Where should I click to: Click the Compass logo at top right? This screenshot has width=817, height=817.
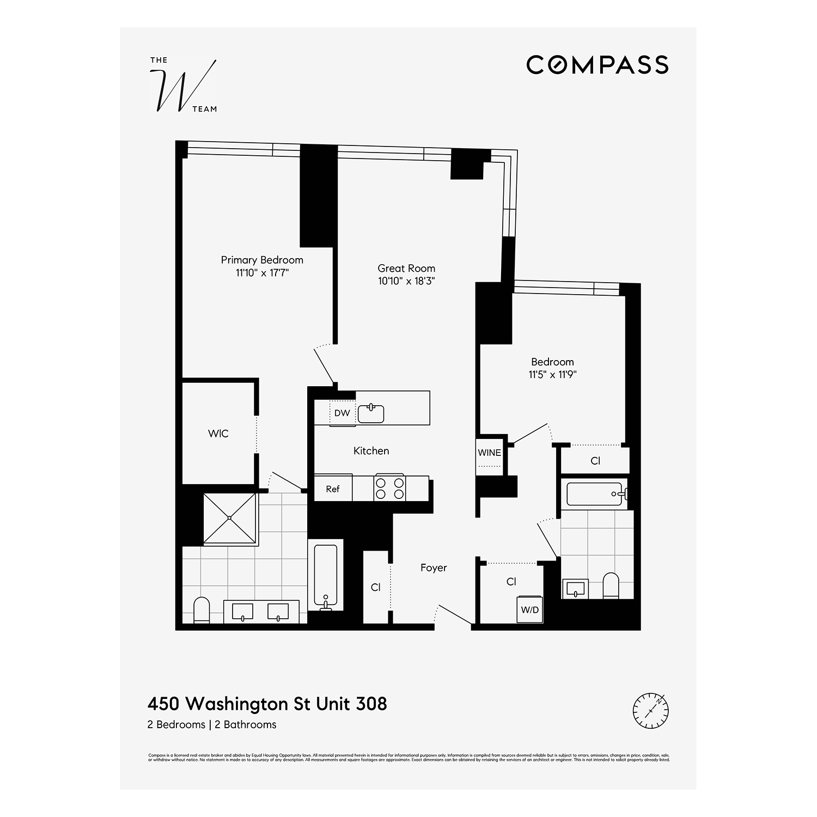(x=597, y=65)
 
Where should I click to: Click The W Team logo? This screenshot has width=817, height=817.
(x=183, y=86)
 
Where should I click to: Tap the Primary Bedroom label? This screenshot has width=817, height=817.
(x=262, y=260)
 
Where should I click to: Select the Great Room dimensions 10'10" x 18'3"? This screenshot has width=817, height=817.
(x=406, y=281)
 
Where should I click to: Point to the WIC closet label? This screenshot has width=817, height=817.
(x=218, y=434)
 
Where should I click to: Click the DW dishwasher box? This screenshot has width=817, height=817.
(x=342, y=413)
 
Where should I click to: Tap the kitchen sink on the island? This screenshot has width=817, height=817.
(x=371, y=413)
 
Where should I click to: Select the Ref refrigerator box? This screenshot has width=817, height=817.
(x=333, y=489)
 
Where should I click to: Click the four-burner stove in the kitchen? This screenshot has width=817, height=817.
(x=389, y=488)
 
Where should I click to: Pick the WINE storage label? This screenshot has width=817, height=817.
(x=489, y=453)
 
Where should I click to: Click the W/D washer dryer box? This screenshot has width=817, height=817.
(x=529, y=609)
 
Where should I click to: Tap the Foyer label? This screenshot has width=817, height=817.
(x=434, y=568)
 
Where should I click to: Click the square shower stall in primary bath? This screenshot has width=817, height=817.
(x=230, y=518)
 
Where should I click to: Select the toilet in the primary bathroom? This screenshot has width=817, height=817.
(x=202, y=610)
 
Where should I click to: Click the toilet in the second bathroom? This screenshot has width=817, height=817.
(x=611, y=586)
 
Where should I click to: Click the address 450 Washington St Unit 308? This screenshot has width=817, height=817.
(x=267, y=704)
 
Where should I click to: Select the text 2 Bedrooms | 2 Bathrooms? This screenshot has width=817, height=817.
(x=212, y=724)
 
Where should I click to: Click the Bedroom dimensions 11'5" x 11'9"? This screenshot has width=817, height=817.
(x=552, y=375)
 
